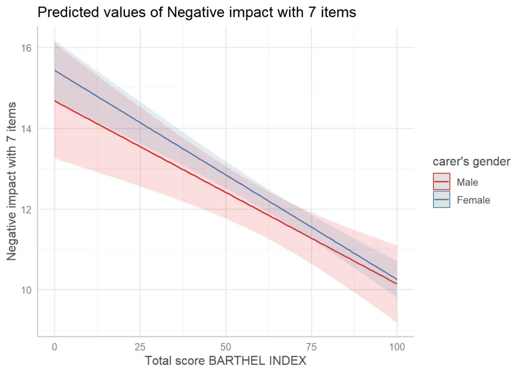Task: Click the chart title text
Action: pyautogui.click(x=197, y=13)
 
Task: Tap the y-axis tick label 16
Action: pyautogui.click(x=26, y=48)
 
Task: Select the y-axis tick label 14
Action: pyautogui.click(x=26, y=129)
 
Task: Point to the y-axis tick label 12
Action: pyautogui.click(x=26, y=209)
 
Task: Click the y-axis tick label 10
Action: pyautogui.click(x=26, y=290)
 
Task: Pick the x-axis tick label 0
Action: pyautogui.click(x=55, y=347)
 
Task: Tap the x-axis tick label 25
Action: pyautogui.click(x=140, y=347)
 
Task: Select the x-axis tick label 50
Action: pyautogui.click(x=226, y=347)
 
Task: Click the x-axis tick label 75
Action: pyautogui.click(x=311, y=347)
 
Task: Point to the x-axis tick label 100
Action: pyautogui.click(x=397, y=347)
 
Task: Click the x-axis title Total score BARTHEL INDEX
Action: pyautogui.click(x=225, y=361)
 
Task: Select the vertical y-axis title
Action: pyautogui.click(x=12, y=181)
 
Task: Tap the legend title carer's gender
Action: pyautogui.click(x=471, y=162)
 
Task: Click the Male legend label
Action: pyautogui.click(x=467, y=182)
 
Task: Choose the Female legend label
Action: pyautogui.click(x=473, y=200)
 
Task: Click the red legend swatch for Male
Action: pyautogui.click(x=442, y=182)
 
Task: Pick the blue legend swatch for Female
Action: pyautogui.click(x=442, y=200)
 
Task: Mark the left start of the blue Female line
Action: pyautogui.click(x=55, y=71)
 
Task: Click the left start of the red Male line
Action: pyautogui.click(x=55, y=101)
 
